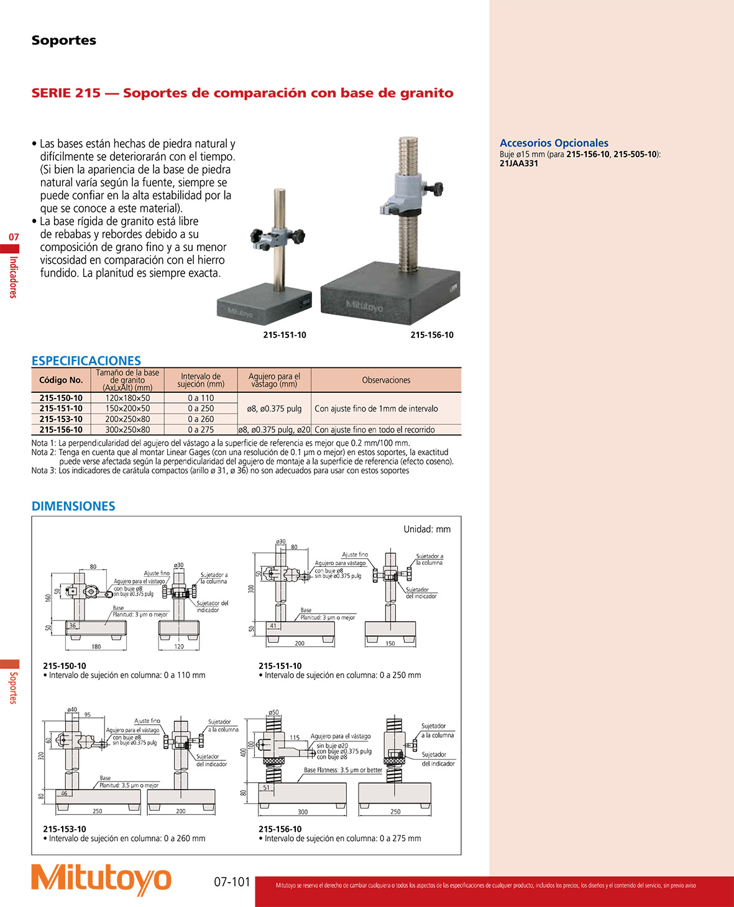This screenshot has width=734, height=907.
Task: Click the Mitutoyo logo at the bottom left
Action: pos(101,880)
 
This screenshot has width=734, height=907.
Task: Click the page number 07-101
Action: pos(232,882)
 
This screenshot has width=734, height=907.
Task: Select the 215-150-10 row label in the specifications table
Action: pos(61,398)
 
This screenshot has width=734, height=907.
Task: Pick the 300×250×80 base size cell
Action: pos(127,430)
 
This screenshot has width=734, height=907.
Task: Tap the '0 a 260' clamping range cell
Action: pos(201,419)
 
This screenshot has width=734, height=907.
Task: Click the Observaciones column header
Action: pos(386,380)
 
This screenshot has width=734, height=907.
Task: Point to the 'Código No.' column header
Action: pos(61,380)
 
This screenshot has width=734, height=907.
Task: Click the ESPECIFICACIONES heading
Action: pos(86,361)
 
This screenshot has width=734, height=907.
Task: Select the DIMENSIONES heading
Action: pos(73,506)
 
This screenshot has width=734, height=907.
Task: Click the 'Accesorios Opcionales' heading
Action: pos(554,143)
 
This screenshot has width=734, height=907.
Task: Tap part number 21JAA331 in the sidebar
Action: pos(519,163)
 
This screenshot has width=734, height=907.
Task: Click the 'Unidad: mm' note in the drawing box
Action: pos(427,529)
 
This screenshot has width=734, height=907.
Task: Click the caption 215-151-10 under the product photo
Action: pos(285,334)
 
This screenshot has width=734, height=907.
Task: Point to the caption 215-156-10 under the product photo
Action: pos(432,334)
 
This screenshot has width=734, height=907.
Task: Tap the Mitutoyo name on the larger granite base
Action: pos(364,306)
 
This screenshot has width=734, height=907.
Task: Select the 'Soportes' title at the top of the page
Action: pos(64,40)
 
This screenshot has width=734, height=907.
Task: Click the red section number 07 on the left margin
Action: pos(14,237)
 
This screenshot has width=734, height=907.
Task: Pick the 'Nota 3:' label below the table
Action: pos(44,471)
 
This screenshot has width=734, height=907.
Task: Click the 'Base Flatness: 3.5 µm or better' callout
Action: pos(343,770)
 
